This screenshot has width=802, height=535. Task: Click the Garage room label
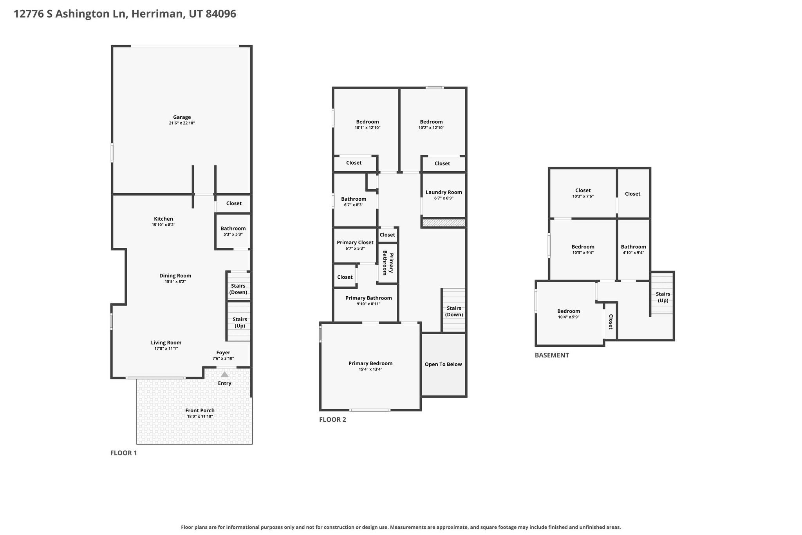pyautogui.click(x=182, y=117)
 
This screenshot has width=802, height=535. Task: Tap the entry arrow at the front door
pyautogui.click(x=224, y=375)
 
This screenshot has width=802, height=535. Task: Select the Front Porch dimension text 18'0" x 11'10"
pyautogui.click(x=200, y=416)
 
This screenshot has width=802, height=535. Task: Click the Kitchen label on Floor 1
pyautogui.click(x=163, y=219)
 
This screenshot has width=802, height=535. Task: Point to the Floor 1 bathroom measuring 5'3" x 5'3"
pyautogui.click(x=233, y=231)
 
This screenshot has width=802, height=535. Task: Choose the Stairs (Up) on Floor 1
pyautogui.click(x=239, y=321)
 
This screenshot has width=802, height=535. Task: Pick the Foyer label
pyautogui.click(x=223, y=352)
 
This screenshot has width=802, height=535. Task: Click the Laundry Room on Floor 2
pyautogui.click(x=444, y=195)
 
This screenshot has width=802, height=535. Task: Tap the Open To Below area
pyautogui.click(x=443, y=365)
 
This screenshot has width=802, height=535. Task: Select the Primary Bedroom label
pyautogui.click(x=370, y=363)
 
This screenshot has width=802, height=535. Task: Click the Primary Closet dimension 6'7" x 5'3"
pyautogui.click(x=355, y=248)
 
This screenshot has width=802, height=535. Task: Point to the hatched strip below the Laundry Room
pyautogui.click(x=444, y=223)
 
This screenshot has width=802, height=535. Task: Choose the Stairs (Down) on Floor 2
pyautogui.click(x=454, y=310)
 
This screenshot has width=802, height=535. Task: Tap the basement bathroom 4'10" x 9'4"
pyautogui.click(x=633, y=249)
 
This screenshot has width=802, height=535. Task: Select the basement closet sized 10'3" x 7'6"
pyautogui.click(x=583, y=193)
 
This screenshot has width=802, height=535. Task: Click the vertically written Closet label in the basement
pyautogui.click(x=611, y=321)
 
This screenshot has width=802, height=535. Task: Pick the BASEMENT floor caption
pyautogui.click(x=552, y=355)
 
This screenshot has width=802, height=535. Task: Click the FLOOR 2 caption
pyautogui.click(x=332, y=419)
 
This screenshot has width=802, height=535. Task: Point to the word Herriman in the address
pyautogui.click(x=157, y=14)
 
